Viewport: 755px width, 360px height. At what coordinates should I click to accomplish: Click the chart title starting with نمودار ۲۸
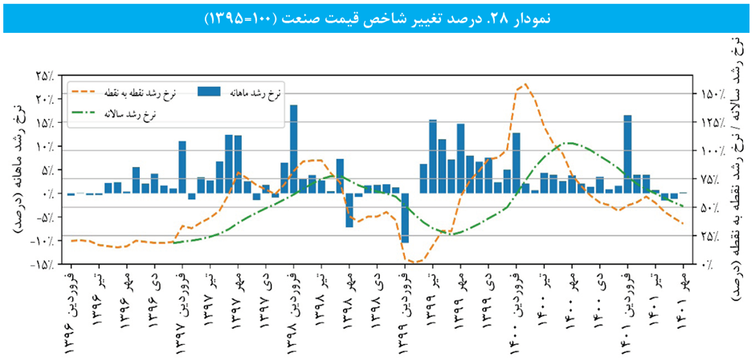(377, 18)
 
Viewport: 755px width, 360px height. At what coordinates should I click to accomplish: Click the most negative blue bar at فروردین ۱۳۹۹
(406, 218)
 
